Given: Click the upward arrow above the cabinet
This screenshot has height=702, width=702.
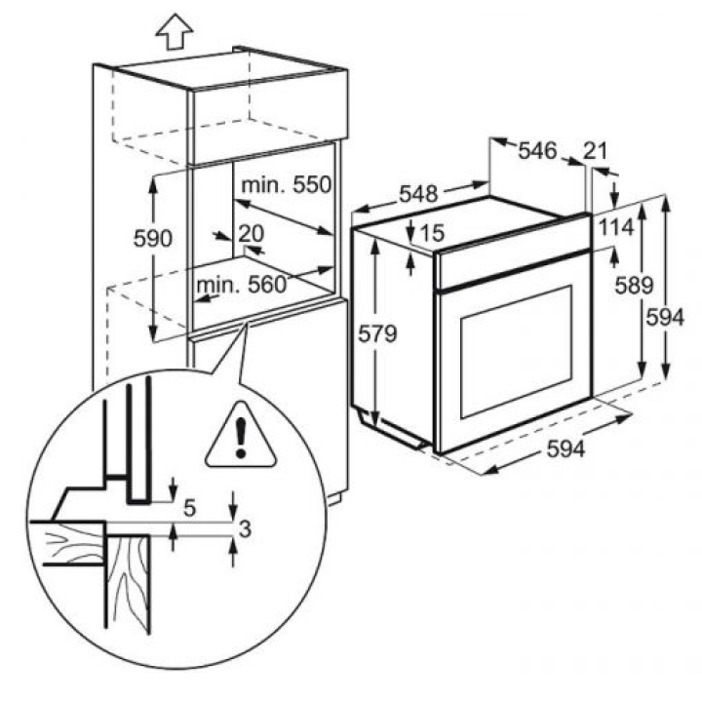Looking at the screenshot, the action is coord(175,31).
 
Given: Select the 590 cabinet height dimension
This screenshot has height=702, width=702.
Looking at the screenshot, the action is coord(153,238).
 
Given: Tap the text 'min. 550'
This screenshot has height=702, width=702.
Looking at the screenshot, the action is coord(287,184).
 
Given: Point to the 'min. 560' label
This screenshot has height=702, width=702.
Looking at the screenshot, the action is coord(242,284).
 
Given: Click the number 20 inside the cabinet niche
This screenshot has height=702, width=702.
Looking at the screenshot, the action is coord(252,233).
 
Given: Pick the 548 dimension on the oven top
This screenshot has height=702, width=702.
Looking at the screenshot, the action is coord(418,194).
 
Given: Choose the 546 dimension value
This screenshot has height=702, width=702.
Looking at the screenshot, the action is coord(537,150).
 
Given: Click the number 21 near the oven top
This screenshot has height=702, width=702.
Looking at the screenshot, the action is coord(595,151).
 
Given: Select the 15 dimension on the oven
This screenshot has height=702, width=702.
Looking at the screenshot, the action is coord(432,233).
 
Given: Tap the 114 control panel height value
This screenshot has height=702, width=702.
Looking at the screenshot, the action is coord(616,227).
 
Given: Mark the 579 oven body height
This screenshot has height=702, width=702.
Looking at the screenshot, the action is coord(377,333).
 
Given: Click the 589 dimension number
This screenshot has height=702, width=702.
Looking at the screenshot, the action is coord(634,285).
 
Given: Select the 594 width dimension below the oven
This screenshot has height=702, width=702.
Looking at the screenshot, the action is coord(565,449).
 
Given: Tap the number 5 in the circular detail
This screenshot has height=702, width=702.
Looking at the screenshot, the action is coord(190,508).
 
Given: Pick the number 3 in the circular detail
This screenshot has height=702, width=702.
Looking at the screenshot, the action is coord(245,529).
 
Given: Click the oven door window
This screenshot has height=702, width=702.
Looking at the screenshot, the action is coord(516,352).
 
